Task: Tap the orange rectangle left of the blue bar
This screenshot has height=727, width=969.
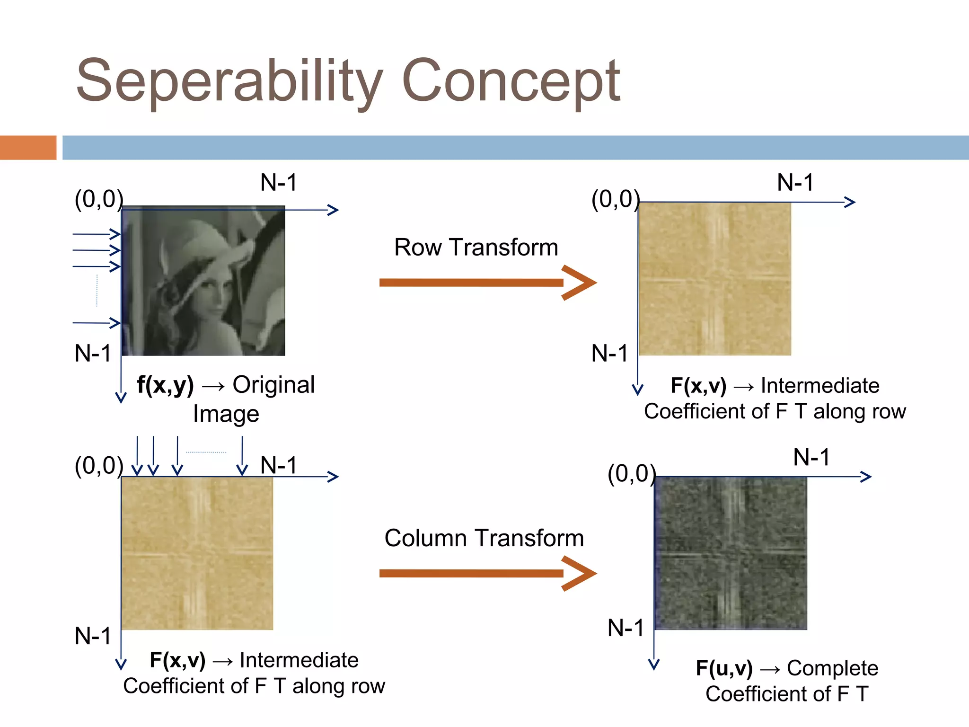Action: click(x=28, y=147)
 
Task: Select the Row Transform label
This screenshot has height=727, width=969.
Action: click(x=476, y=247)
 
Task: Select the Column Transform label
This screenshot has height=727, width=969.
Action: click(x=484, y=538)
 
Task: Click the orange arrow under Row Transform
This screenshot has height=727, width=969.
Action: click(x=487, y=283)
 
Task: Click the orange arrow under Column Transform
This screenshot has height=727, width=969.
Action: click(x=487, y=574)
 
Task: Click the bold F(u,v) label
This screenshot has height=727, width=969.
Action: click(x=724, y=668)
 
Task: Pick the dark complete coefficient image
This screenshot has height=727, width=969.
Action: click(x=731, y=553)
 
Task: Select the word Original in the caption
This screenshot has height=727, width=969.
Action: click(x=273, y=384)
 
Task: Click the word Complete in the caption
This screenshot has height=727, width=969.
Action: click(x=832, y=668)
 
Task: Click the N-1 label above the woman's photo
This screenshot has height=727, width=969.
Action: click(x=279, y=183)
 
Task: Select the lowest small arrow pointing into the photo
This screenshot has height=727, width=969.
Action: click(x=97, y=323)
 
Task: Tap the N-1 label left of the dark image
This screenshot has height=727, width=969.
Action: click(x=625, y=628)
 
